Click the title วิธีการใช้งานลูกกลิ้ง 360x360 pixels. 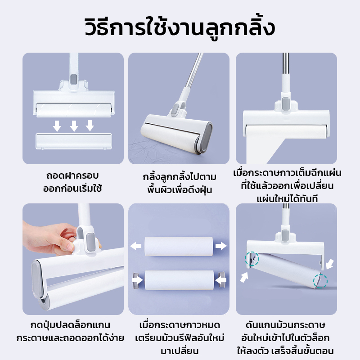coord(180,28)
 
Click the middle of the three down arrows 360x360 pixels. coord(74,126)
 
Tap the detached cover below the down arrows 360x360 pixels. coord(74,141)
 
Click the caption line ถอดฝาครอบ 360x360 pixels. coord(72,176)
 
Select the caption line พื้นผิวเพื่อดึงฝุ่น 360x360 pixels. coord(180,190)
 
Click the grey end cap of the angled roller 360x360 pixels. coord(205,138)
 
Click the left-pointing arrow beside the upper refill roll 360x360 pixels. coord(136,246)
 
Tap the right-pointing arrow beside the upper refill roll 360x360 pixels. coord(221,246)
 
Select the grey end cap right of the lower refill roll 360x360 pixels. coord(222,279)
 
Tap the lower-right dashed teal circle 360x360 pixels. coord(320,281)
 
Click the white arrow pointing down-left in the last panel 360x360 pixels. coord(329,264)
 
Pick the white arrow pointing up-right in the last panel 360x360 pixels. coord(244,277)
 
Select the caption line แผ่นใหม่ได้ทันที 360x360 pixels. coord(287,199)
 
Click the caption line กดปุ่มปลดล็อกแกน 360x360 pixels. coord(71,325)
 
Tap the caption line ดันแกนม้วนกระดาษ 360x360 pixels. coord(285,325)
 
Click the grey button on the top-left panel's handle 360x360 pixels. coord(73,79)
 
